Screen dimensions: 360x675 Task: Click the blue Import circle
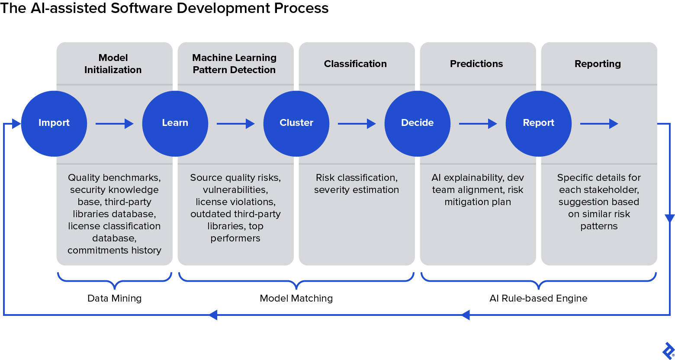(54, 123)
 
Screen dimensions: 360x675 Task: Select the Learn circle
(175, 123)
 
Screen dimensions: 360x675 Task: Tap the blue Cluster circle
(296, 123)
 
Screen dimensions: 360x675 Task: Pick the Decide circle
(418, 123)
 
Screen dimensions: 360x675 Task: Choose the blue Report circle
(539, 123)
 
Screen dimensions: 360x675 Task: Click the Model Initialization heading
(113, 64)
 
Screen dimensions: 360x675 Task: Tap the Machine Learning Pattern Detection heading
(234, 64)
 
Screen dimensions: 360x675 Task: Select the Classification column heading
(355, 64)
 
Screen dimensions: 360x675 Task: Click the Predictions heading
(476, 64)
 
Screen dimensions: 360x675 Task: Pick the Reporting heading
(598, 64)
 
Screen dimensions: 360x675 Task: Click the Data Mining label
(114, 298)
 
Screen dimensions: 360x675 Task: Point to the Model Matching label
(296, 298)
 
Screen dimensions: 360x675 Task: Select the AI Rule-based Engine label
(538, 298)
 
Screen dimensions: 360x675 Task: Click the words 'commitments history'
(114, 250)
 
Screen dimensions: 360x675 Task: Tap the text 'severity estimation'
(357, 190)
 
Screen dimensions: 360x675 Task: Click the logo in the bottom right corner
(668, 350)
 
